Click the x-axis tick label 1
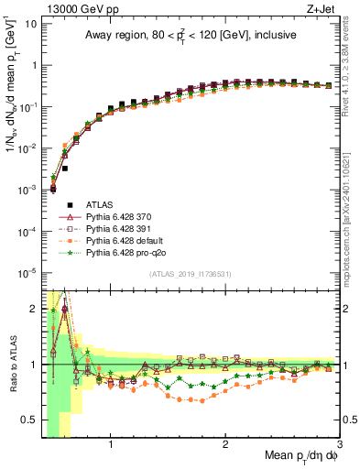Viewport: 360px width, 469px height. (x=111, y=445)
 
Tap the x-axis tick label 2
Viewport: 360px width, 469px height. (x=225, y=445)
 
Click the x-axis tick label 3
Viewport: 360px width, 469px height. (x=338, y=445)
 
